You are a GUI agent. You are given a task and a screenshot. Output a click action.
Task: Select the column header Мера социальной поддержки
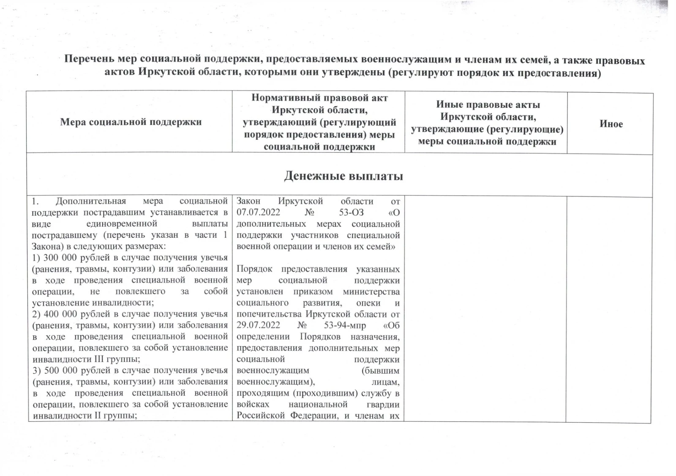click(131, 122)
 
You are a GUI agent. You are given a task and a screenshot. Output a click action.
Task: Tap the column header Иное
click(611, 124)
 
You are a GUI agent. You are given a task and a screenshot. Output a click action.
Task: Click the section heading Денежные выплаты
click(343, 176)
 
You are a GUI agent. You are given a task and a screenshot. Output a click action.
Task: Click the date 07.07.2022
click(258, 212)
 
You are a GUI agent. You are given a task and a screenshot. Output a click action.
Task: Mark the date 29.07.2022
click(258, 325)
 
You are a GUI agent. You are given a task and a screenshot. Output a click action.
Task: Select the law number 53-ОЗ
click(351, 212)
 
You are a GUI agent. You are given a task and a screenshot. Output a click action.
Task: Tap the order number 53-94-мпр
click(345, 325)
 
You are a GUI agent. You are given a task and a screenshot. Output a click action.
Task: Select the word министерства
click(371, 292)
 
